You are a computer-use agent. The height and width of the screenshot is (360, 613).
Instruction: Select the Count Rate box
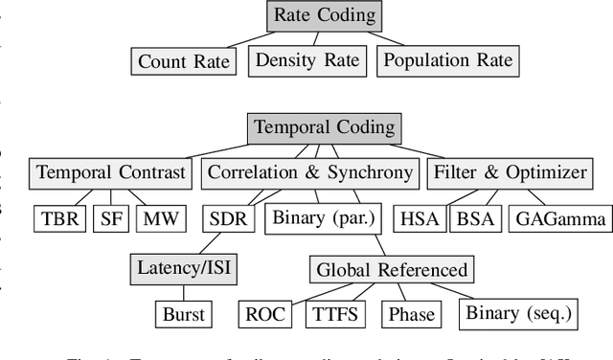(184, 62)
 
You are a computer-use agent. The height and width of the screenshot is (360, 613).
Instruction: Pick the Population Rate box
(447, 60)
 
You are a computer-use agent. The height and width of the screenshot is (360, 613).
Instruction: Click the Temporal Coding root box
(325, 128)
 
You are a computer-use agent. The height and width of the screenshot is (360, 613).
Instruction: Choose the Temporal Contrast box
(110, 173)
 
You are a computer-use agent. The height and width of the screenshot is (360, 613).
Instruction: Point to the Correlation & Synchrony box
(310, 173)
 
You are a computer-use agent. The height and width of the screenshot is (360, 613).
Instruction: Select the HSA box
(418, 218)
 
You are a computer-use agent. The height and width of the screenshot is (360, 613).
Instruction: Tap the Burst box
(182, 314)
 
